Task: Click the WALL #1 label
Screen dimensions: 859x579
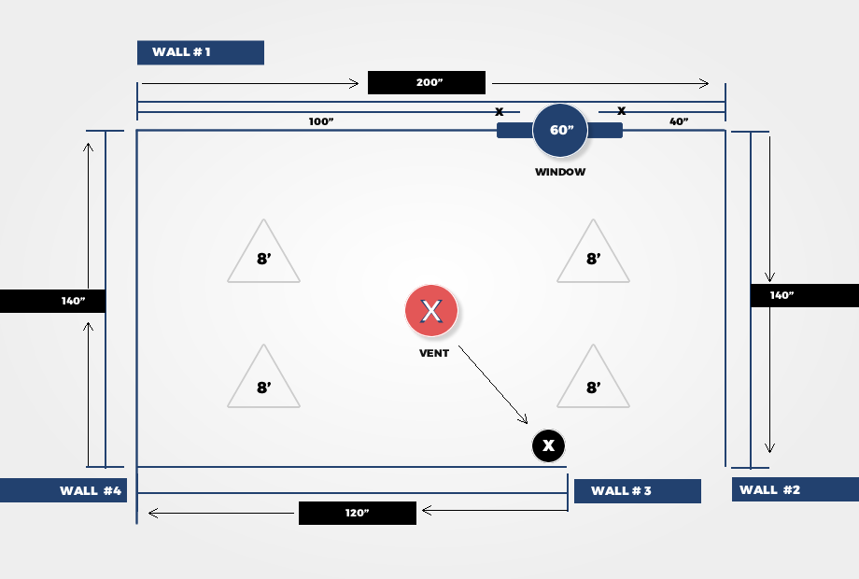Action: [x=201, y=52]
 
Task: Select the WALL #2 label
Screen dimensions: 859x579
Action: [x=796, y=489]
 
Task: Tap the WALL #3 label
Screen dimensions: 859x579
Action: [x=638, y=491]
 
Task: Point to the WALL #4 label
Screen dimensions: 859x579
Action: [x=63, y=490]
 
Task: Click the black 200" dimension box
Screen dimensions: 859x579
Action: [x=426, y=83]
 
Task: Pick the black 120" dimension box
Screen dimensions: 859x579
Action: [x=358, y=514]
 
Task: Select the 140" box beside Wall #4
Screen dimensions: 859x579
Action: [x=52, y=302]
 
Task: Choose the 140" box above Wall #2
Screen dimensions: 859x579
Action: [x=805, y=295]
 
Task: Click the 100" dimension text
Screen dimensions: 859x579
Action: [x=321, y=121]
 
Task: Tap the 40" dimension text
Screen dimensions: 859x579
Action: [x=679, y=121]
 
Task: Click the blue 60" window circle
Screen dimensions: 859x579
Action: [x=560, y=131]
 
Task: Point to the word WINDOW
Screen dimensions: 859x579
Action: [x=560, y=172]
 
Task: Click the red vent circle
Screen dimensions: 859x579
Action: [x=431, y=311]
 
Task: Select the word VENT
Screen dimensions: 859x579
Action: [x=434, y=353]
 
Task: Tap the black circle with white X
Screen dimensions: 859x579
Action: [x=548, y=445]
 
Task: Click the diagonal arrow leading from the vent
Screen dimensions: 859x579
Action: [x=493, y=385]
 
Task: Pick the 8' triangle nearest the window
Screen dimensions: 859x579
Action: [x=593, y=251]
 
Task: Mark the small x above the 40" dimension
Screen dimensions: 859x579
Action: [x=621, y=110]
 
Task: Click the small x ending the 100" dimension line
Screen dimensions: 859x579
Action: [x=500, y=112]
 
